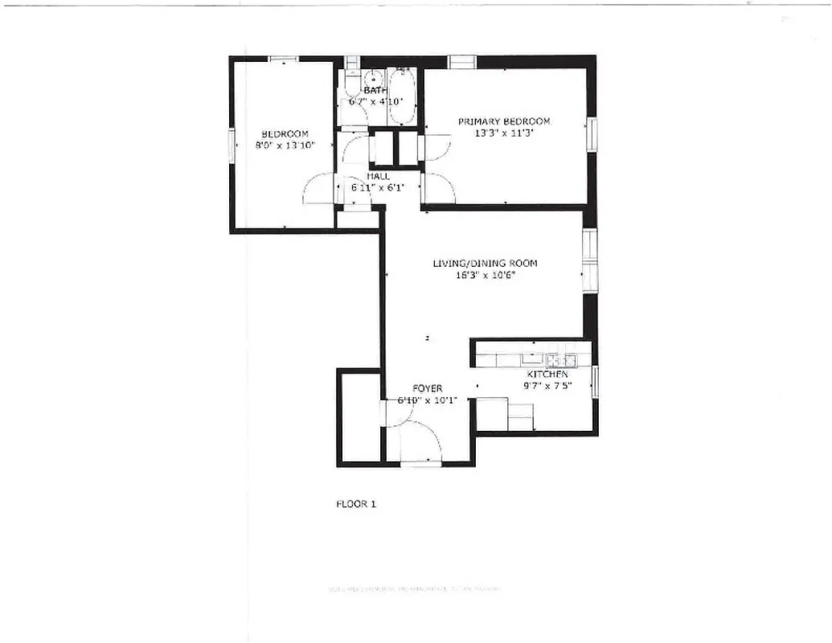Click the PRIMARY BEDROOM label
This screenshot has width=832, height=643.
coord(504,121)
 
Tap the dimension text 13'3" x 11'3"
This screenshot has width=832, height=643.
coord(504,134)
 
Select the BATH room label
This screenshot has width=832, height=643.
coord(375,91)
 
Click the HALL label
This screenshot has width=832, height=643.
coord(379,175)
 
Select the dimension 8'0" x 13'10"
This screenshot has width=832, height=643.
coord(284,145)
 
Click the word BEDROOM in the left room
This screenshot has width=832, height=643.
coord(285,133)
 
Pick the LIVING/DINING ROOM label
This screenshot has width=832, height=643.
coord(485,263)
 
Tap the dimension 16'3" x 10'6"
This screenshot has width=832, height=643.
coord(485,275)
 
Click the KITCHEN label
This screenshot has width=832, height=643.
coord(547,375)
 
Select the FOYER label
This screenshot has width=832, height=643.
coord(427,388)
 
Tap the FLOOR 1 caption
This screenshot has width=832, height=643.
coord(355,505)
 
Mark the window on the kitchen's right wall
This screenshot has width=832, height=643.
coord(596,381)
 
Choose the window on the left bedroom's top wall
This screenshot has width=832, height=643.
coord(282,58)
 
